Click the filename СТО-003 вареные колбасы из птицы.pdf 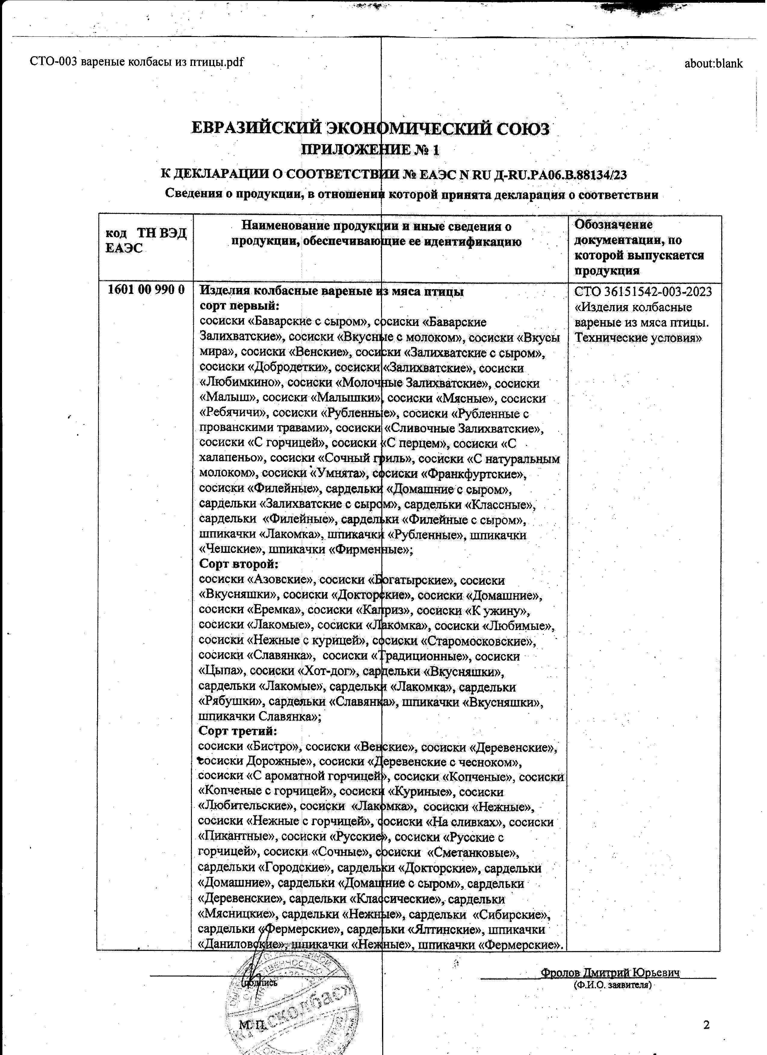pos(137,62)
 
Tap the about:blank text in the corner pos(713,64)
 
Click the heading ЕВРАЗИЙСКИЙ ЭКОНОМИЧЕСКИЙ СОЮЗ pos(370,129)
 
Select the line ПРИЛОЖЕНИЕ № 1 pos(370,150)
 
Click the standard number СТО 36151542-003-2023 pos(644,292)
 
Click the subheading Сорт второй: pos(238,564)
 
